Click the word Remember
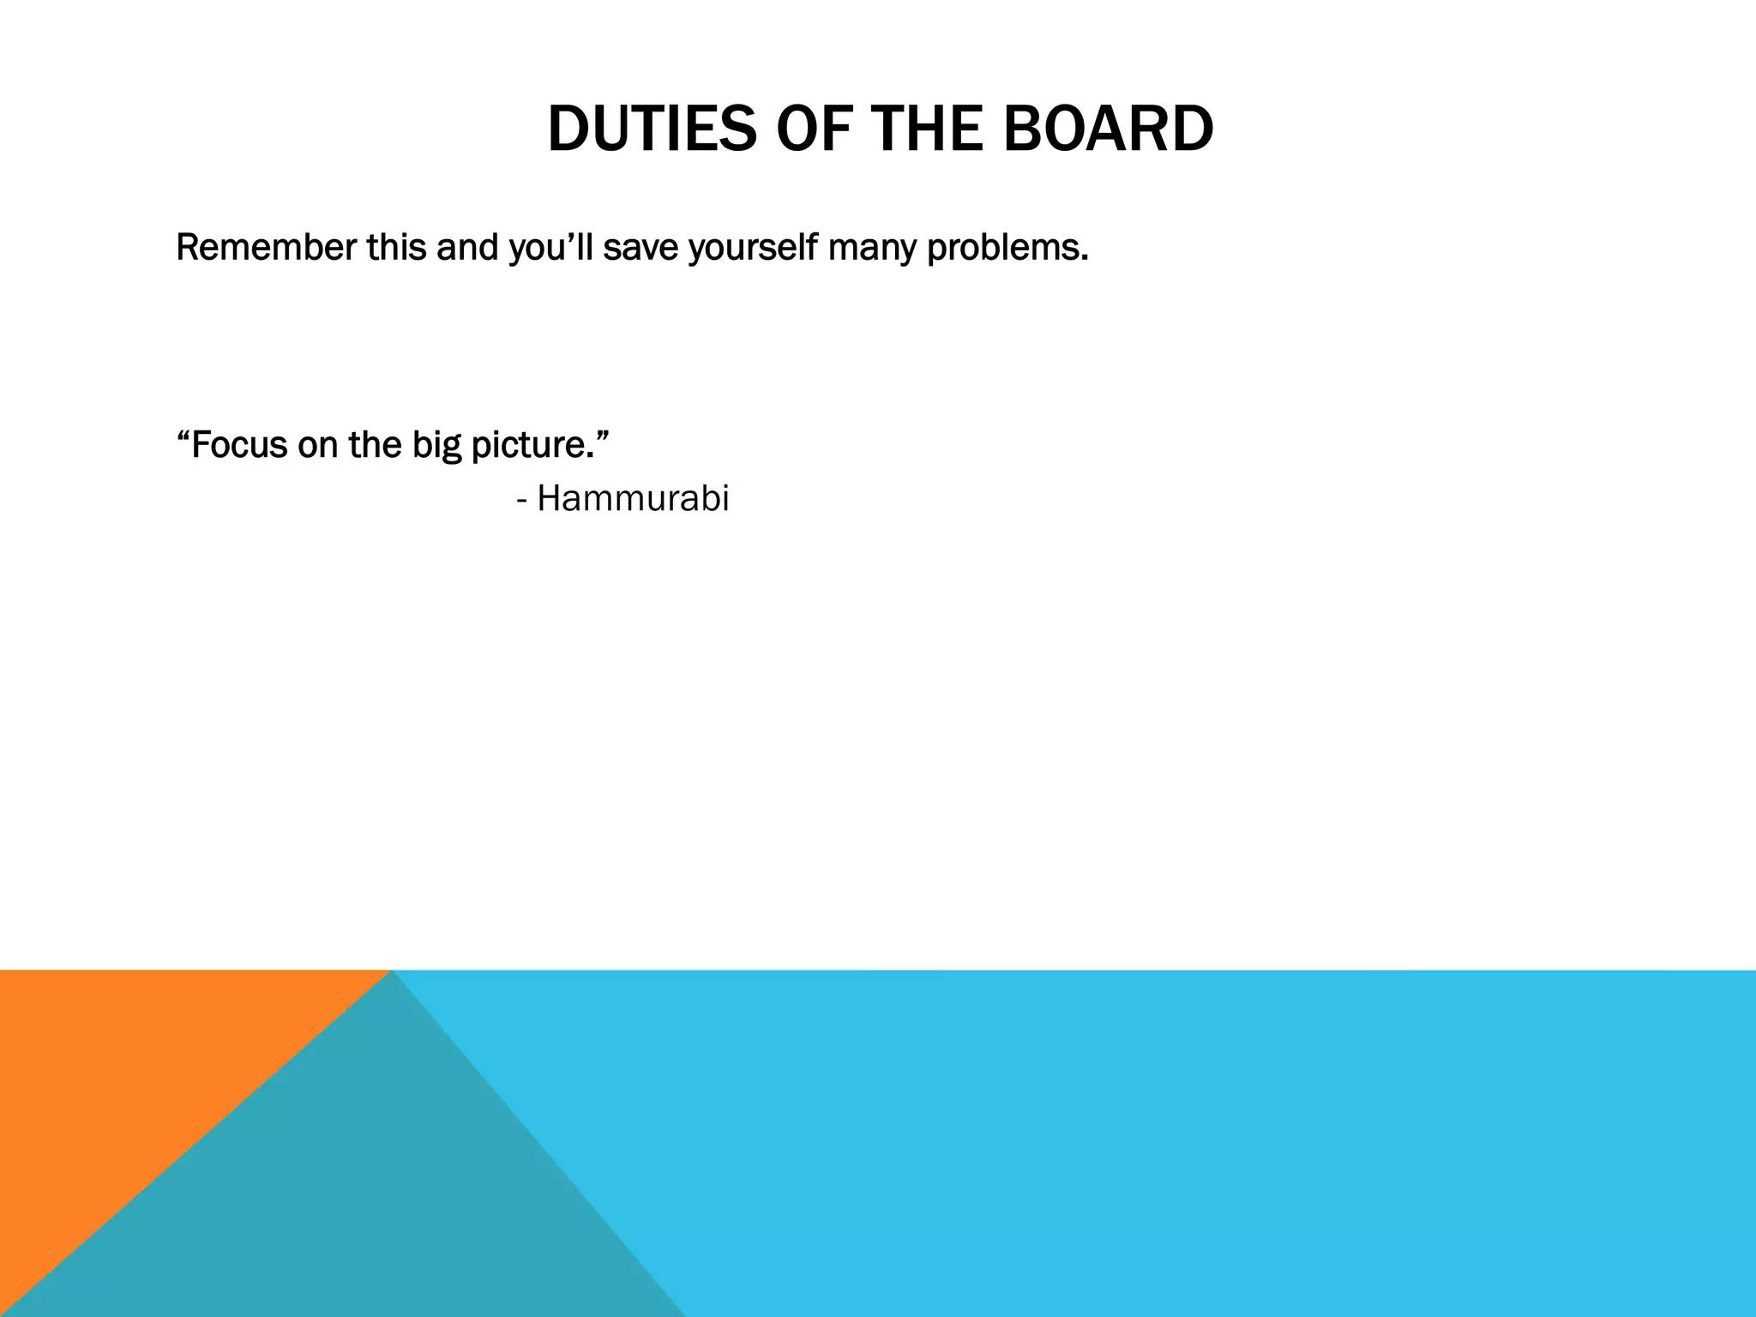266,248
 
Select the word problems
1007,248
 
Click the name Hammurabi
633,499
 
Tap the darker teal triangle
386,1200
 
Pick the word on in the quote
317,445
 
